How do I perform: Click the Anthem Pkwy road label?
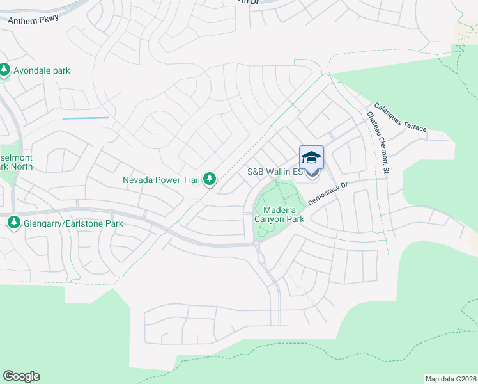34,19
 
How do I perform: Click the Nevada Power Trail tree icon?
209,180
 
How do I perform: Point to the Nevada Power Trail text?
162,180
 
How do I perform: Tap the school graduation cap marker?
311,158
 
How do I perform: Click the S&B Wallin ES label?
275,172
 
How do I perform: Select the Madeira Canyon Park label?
279,213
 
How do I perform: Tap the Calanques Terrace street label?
399,117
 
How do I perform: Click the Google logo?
21,376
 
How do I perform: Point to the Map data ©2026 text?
450,379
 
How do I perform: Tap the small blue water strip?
86,118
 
